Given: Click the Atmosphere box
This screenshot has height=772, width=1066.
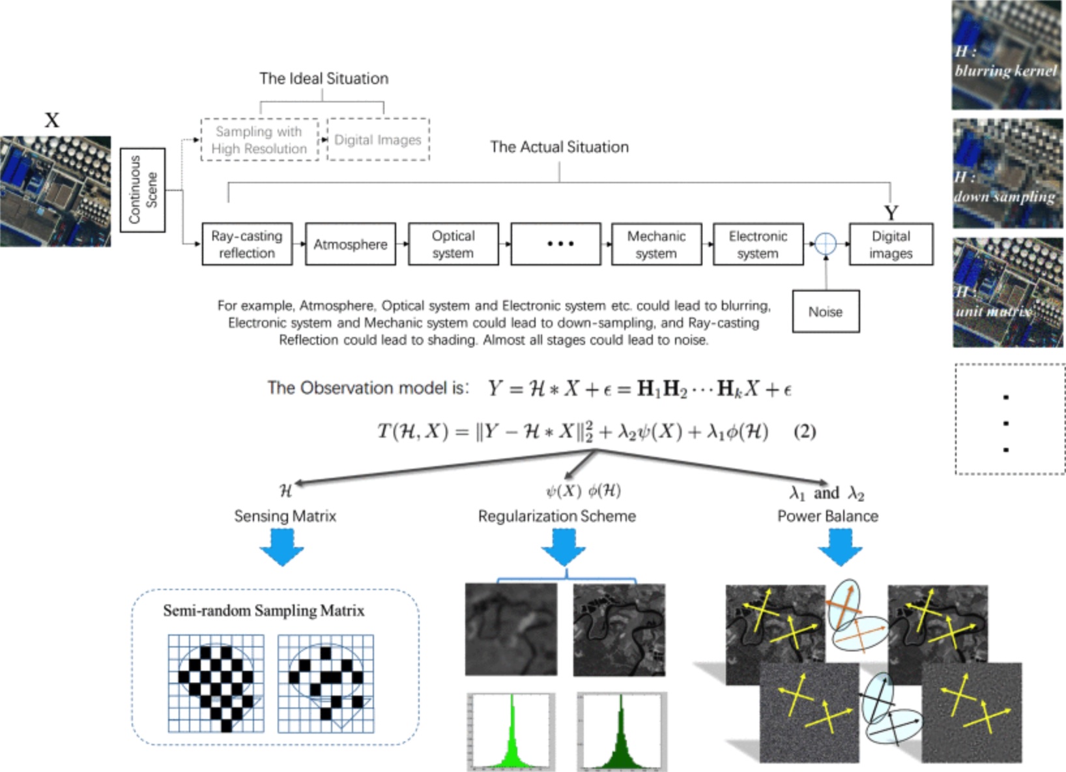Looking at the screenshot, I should [x=350, y=245].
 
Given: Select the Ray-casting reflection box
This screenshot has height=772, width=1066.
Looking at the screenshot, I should [x=246, y=245].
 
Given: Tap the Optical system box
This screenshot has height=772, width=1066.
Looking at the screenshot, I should [x=453, y=245].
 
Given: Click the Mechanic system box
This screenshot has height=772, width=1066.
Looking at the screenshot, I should [x=656, y=245].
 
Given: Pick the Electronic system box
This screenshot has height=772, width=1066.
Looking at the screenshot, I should [x=758, y=245].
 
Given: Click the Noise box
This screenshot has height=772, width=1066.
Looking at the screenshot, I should [x=826, y=312].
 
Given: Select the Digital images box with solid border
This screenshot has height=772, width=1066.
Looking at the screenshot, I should [x=891, y=245].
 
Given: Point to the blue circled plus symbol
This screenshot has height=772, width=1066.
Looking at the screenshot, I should [x=826, y=244].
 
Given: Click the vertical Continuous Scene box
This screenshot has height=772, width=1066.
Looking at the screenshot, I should [x=143, y=190].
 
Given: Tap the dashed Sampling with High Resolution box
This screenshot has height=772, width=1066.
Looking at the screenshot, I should [x=259, y=140].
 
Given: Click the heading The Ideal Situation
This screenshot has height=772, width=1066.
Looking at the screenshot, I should [x=324, y=78].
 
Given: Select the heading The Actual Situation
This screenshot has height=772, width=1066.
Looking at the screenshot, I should [x=559, y=147].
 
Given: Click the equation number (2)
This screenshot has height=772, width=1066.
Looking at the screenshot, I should [x=804, y=432].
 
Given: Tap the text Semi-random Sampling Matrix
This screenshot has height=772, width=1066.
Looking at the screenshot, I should [x=263, y=610].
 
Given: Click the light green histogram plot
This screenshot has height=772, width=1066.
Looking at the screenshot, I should [x=511, y=732].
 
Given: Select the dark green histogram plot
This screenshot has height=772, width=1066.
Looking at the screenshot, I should [x=622, y=732].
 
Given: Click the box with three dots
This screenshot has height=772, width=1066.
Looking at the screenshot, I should [x=556, y=244].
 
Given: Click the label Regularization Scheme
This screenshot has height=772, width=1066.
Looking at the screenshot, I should [x=556, y=516].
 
